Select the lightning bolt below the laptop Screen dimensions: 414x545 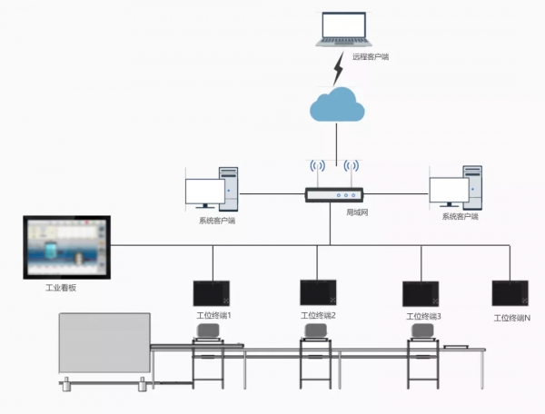click(338, 67)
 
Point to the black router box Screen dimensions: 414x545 click(333, 194)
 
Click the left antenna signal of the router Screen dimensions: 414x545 click(317, 167)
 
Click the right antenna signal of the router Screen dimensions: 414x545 click(351, 167)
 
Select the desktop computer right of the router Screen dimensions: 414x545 click(457, 188)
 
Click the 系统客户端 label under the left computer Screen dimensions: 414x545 click(217, 220)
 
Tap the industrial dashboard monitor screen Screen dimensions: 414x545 click(65, 247)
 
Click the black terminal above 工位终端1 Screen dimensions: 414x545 click(212, 292)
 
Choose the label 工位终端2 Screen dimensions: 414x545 click(318, 316)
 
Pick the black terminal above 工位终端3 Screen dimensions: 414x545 click(421, 293)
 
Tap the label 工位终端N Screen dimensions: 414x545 click(511, 318)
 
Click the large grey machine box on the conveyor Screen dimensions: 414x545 click(104, 342)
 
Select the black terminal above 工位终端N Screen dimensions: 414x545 click(510, 292)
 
